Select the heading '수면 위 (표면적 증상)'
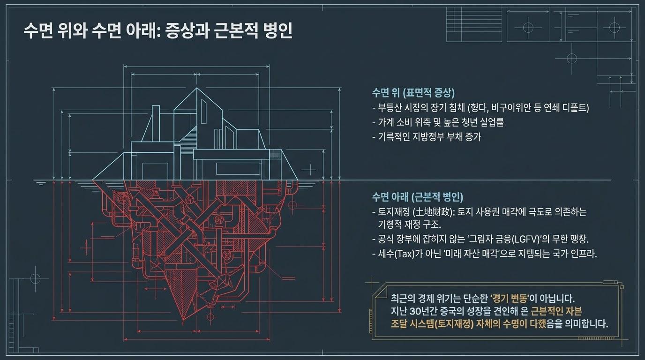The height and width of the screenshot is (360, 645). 413,92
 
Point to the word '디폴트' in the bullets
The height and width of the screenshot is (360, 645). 574,107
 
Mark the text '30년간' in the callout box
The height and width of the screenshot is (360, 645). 425,311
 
